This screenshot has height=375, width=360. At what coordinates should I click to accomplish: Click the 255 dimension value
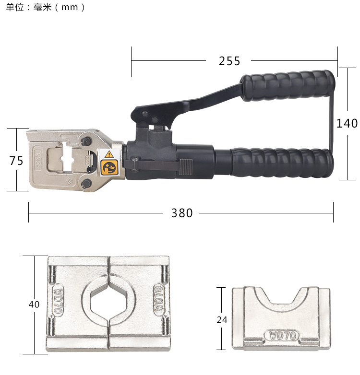pyautogui.click(x=229, y=61)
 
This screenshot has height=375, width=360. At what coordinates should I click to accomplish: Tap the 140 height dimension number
pyautogui.click(x=347, y=123)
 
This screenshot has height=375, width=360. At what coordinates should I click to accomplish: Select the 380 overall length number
pyautogui.click(x=182, y=213)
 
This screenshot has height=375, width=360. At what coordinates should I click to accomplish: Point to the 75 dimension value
pyautogui.click(x=16, y=161)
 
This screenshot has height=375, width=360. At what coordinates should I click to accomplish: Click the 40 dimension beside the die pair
pyautogui.click(x=34, y=304)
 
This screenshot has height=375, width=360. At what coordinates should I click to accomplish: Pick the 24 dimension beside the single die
pyautogui.click(x=222, y=319)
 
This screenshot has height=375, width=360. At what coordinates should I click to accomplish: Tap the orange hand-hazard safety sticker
pyautogui.click(x=109, y=167)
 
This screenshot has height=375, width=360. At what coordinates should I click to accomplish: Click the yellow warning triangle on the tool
pyautogui.click(x=109, y=154)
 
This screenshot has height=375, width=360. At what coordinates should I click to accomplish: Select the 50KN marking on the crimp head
pyautogui.click(x=38, y=160)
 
